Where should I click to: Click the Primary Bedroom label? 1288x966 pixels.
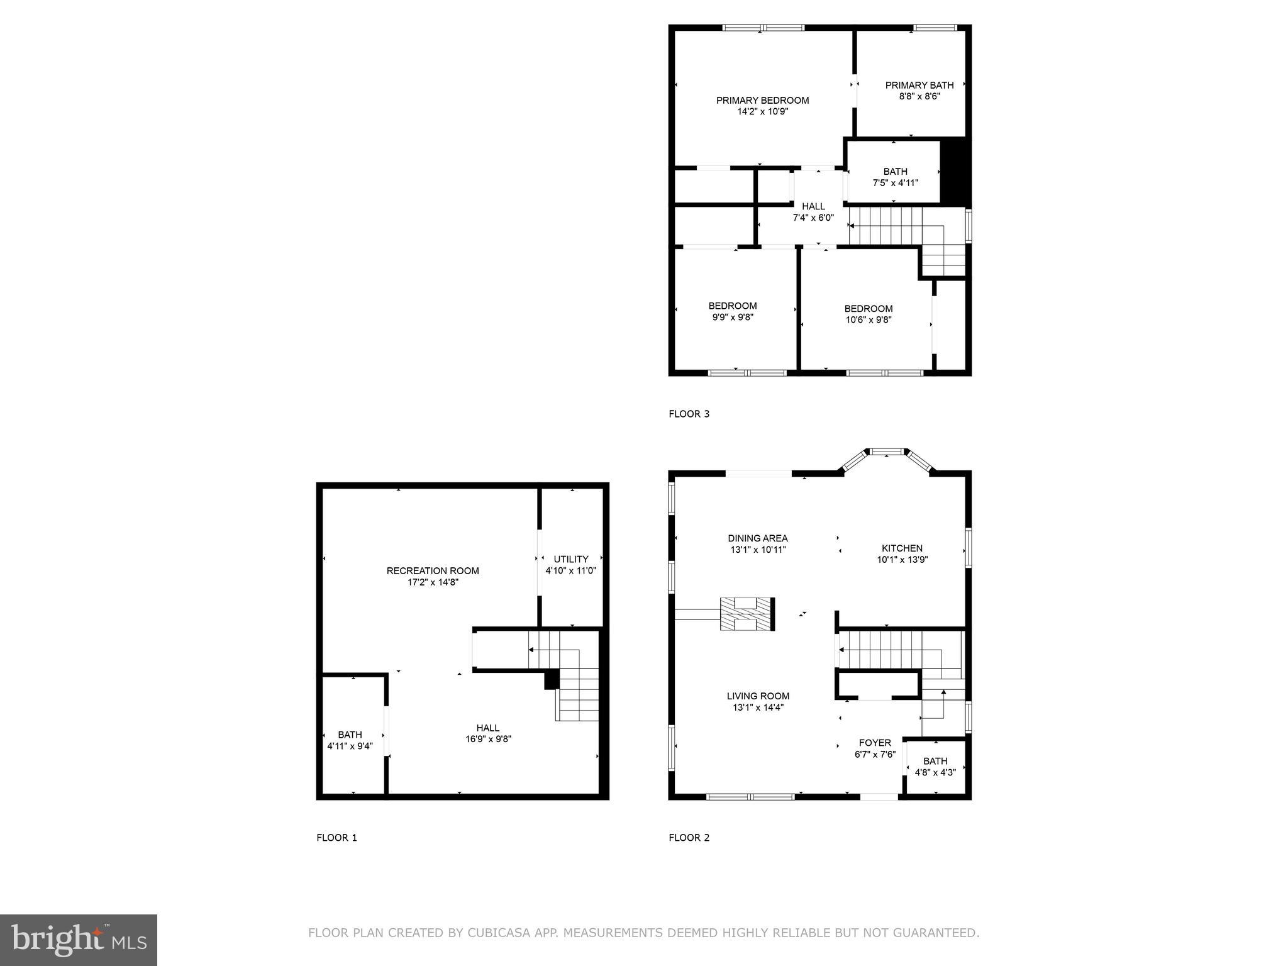[x=762, y=101]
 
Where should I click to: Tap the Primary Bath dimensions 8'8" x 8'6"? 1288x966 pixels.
[x=919, y=97]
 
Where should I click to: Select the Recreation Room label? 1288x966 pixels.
[x=433, y=571]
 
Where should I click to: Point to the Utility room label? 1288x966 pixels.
[x=571, y=559]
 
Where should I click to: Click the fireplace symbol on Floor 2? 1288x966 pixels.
[x=747, y=614]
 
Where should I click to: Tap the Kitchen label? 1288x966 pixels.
[x=902, y=548]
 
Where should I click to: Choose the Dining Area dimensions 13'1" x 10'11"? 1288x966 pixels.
[x=758, y=550]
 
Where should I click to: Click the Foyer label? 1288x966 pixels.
[x=875, y=743]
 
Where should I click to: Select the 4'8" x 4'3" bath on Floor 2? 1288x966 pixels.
[x=935, y=767]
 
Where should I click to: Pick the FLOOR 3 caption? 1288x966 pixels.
[x=689, y=414]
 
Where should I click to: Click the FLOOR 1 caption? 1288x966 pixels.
[x=336, y=838]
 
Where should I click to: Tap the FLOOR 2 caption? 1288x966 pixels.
[x=689, y=838]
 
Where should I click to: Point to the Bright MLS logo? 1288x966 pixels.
[x=79, y=940]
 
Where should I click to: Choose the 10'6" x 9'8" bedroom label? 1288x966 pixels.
[x=869, y=314]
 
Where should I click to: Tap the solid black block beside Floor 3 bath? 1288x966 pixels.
[x=955, y=171]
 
